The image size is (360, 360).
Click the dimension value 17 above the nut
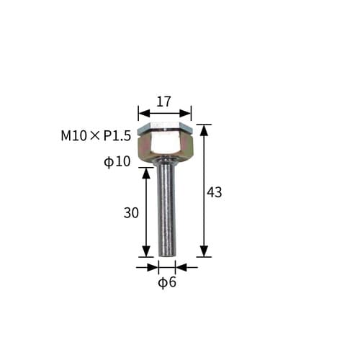point(164,102)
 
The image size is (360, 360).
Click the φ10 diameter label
point(117,162)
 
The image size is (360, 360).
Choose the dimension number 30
point(131,212)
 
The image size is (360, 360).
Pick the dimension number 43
point(214,192)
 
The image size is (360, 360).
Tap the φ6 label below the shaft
point(167,282)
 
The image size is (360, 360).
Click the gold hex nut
point(165,148)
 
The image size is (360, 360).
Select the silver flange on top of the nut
point(165,127)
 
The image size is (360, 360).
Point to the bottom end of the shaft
point(167,253)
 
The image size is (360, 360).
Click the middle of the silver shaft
point(166,209)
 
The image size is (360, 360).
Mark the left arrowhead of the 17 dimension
point(142,112)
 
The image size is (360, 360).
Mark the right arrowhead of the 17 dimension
point(187,112)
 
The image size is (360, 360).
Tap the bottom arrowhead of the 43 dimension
point(204,251)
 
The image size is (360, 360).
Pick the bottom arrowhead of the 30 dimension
point(147,251)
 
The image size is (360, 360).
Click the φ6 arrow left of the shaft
point(153,267)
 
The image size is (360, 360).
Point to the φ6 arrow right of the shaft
point(181,267)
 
